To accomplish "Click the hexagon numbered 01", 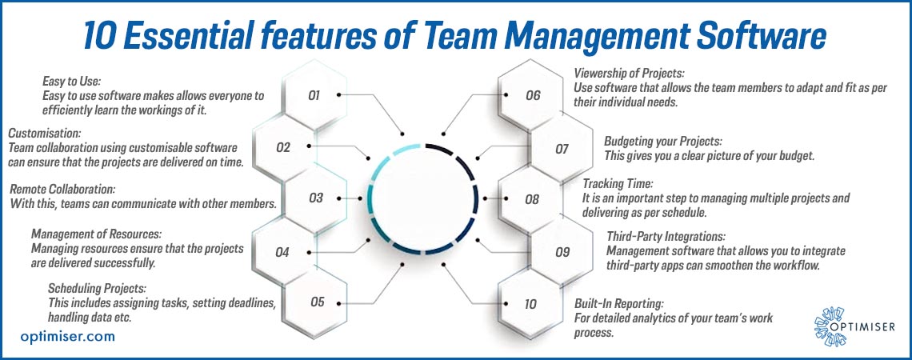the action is [314, 95].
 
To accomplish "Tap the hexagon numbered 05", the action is [317, 302].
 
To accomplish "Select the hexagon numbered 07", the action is [562, 149].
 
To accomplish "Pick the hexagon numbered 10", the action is [530, 303].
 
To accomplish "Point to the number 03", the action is [316, 198].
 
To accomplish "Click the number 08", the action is [532, 199].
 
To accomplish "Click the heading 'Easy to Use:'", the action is [72, 81].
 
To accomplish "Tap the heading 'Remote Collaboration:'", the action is [63, 189].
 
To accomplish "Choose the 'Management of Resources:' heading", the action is [96, 234].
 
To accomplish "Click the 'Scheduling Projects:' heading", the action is [96, 288].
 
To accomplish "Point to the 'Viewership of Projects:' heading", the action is [630, 74].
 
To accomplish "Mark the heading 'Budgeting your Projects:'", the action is [663, 142].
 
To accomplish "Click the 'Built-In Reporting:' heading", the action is [619, 303].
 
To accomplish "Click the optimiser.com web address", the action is [67, 336].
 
